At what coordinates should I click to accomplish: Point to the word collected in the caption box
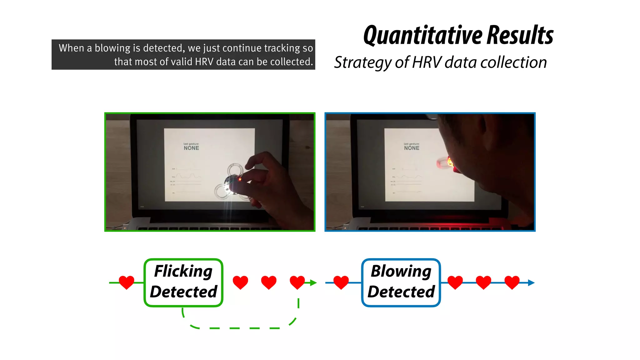[x=292, y=62]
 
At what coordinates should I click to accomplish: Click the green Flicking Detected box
[x=183, y=282]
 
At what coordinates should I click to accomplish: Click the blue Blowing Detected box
[x=401, y=282]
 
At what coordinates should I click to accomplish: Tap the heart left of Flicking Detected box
[x=127, y=282]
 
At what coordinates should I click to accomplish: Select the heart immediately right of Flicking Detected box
[x=240, y=282]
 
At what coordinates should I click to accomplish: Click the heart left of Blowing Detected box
[x=341, y=282]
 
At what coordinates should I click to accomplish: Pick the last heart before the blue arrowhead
[x=512, y=282]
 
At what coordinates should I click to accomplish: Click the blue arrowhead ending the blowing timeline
[x=531, y=283]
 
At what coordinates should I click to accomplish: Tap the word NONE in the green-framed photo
[x=191, y=148]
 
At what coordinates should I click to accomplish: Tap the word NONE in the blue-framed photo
[x=412, y=148]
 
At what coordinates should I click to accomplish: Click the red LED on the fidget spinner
[x=240, y=179]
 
